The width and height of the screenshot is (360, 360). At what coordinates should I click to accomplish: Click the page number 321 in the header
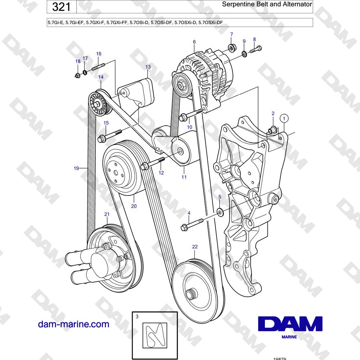click(x=61, y=7)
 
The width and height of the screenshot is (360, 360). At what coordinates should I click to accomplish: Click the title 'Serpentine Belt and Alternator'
click(x=267, y=4)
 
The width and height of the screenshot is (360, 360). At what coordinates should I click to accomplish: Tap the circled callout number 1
click(x=284, y=118)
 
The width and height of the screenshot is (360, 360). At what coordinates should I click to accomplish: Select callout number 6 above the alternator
click(x=194, y=42)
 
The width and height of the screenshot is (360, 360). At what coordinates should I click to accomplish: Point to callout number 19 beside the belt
click(x=76, y=168)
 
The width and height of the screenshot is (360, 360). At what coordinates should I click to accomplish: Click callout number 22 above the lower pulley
click(x=195, y=247)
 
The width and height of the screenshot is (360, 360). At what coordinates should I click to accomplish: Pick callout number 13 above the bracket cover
click(x=148, y=67)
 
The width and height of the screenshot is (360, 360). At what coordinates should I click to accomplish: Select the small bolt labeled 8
click(x=256, y=49)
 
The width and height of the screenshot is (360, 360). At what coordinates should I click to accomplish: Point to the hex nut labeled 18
click(x=78, y=75)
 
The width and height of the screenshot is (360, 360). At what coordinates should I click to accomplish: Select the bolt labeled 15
click(x=109, y=136)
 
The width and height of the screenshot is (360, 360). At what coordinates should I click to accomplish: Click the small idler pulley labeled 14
click(x=99, y=103)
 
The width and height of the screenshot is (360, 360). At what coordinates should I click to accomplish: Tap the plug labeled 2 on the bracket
click(x=272, y=130)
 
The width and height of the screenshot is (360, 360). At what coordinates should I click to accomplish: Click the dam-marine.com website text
click(x=73, y=324)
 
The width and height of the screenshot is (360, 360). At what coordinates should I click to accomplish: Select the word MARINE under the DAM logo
click(x=289, y=337)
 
